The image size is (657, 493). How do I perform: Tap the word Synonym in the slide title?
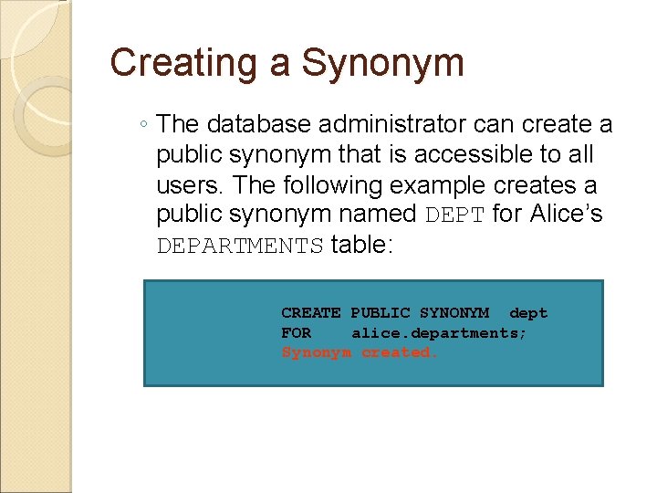pyautogui.click(x=382, y=64)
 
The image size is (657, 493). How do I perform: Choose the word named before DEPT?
pyautogui.click(x=376, y=215)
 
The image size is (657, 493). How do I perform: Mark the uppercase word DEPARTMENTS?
pyautogui.click(x=240, y=246)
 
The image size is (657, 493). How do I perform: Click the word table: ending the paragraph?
pyautogui.click(x=361, y=246)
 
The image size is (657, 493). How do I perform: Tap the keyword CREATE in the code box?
pyautogui.click(x=311, y=313)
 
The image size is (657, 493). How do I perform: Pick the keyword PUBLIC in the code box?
pyautogui.click(x=381, y=313)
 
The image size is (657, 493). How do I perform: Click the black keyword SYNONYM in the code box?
pyautogui.click(x=454, y=313)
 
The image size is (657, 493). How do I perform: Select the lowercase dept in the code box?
pyautogui.click(x=528, y=313)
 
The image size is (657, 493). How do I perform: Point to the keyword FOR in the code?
pyautogui.click(x=296, y=333)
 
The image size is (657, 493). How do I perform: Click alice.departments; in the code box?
pyautogui.click(x=439, y=333)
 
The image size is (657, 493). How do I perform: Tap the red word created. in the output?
pyautogui.click(x=400, y=352)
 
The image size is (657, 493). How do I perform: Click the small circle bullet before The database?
pyautogui.click(x=145, y=125)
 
